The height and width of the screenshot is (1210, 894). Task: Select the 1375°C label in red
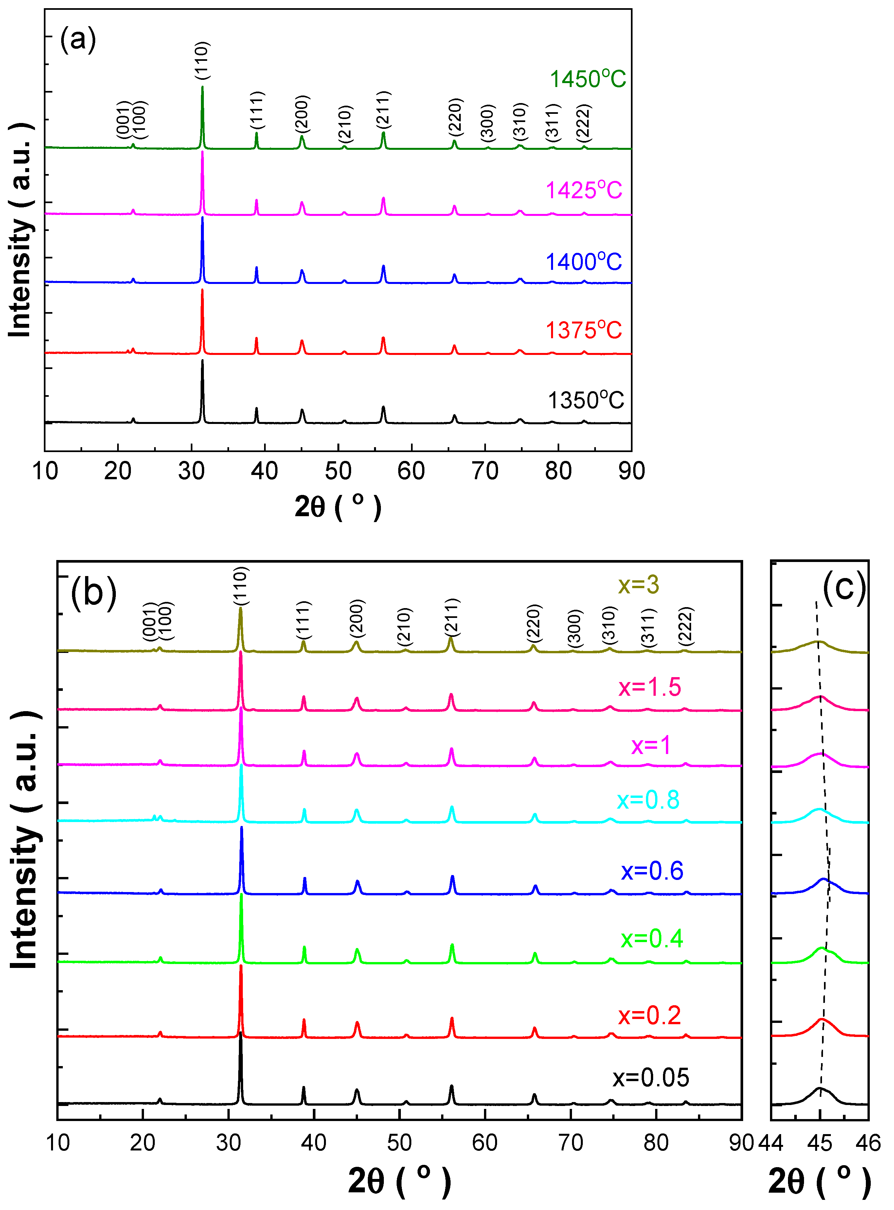[583, 330]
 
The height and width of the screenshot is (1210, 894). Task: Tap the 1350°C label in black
[585, 400]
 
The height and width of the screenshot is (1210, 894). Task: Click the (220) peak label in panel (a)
[455, 117]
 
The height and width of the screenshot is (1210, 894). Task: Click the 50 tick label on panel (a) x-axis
[338, 471]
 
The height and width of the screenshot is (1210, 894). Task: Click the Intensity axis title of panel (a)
[21, 230]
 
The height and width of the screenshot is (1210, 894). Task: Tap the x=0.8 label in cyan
[648, 799]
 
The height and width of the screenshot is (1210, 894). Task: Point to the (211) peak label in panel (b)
[451, 617]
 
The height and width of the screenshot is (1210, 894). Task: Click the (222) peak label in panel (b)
[686, 625]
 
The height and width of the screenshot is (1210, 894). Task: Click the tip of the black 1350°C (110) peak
[203, 360]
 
